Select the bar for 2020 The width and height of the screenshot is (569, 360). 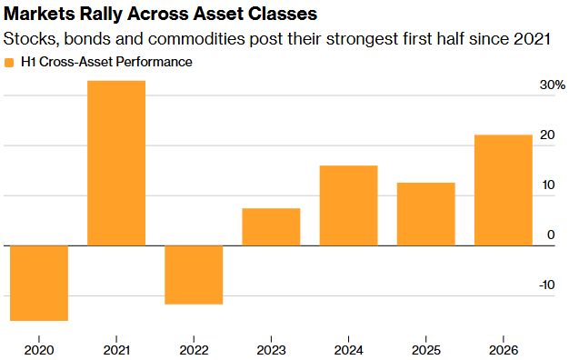(x=39, y=283)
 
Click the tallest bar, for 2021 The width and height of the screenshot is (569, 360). (x=116, y=163)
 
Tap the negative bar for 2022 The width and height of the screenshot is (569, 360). (x=194, y=275)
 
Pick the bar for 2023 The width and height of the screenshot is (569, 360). (x=271, y=226)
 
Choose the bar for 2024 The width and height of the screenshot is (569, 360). (x=348, y=205)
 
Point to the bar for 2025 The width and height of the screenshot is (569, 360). (x=426, y=215)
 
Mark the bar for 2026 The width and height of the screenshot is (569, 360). (x=504, y=190)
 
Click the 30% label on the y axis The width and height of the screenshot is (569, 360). (x=553, y=85)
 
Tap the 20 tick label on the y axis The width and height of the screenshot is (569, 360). (x=547, y=135)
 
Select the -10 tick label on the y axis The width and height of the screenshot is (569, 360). (x=547, y=285)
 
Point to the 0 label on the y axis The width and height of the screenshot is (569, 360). (x=551, y=235)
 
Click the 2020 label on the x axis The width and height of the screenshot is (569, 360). (x=39, y=350)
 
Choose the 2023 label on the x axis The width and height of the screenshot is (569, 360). (x=271, y=350)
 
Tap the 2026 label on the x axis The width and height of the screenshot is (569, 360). (x=504, y=350)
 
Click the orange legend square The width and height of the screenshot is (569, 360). (x=9, y=63)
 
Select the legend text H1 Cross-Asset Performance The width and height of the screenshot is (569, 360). (x=106, y=62)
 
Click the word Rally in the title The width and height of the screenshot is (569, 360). (x=100, y=15)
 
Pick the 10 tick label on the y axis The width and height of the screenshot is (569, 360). (x=548, y=185)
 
